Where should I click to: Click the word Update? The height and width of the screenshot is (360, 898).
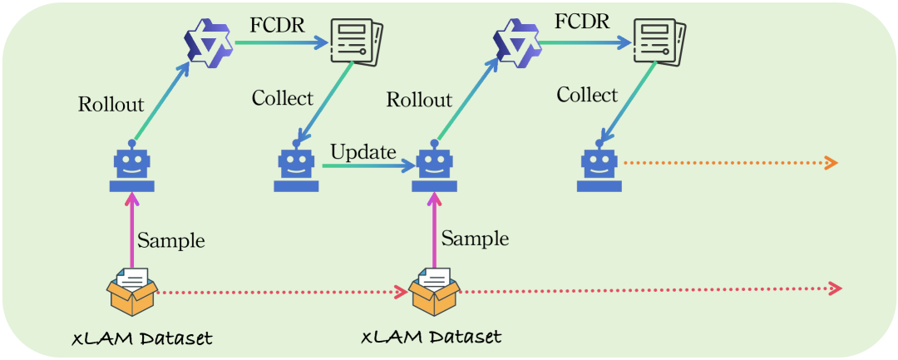click(x=363, y=153)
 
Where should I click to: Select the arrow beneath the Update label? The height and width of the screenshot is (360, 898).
click(x=368, y=167)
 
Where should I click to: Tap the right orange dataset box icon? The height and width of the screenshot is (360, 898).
click(x=434, y=292)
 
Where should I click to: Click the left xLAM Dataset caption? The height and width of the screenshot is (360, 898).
click(x=141, y=338)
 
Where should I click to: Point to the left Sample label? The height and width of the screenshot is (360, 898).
click(x=170, y=241)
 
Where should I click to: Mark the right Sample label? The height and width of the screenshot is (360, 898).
click(x=475, y=239)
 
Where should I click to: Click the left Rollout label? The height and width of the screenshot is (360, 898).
click(x=111, y=105)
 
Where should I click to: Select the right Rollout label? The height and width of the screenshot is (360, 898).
click(x=419, y=101)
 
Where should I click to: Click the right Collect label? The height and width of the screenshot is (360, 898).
click(x=587, y=95)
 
